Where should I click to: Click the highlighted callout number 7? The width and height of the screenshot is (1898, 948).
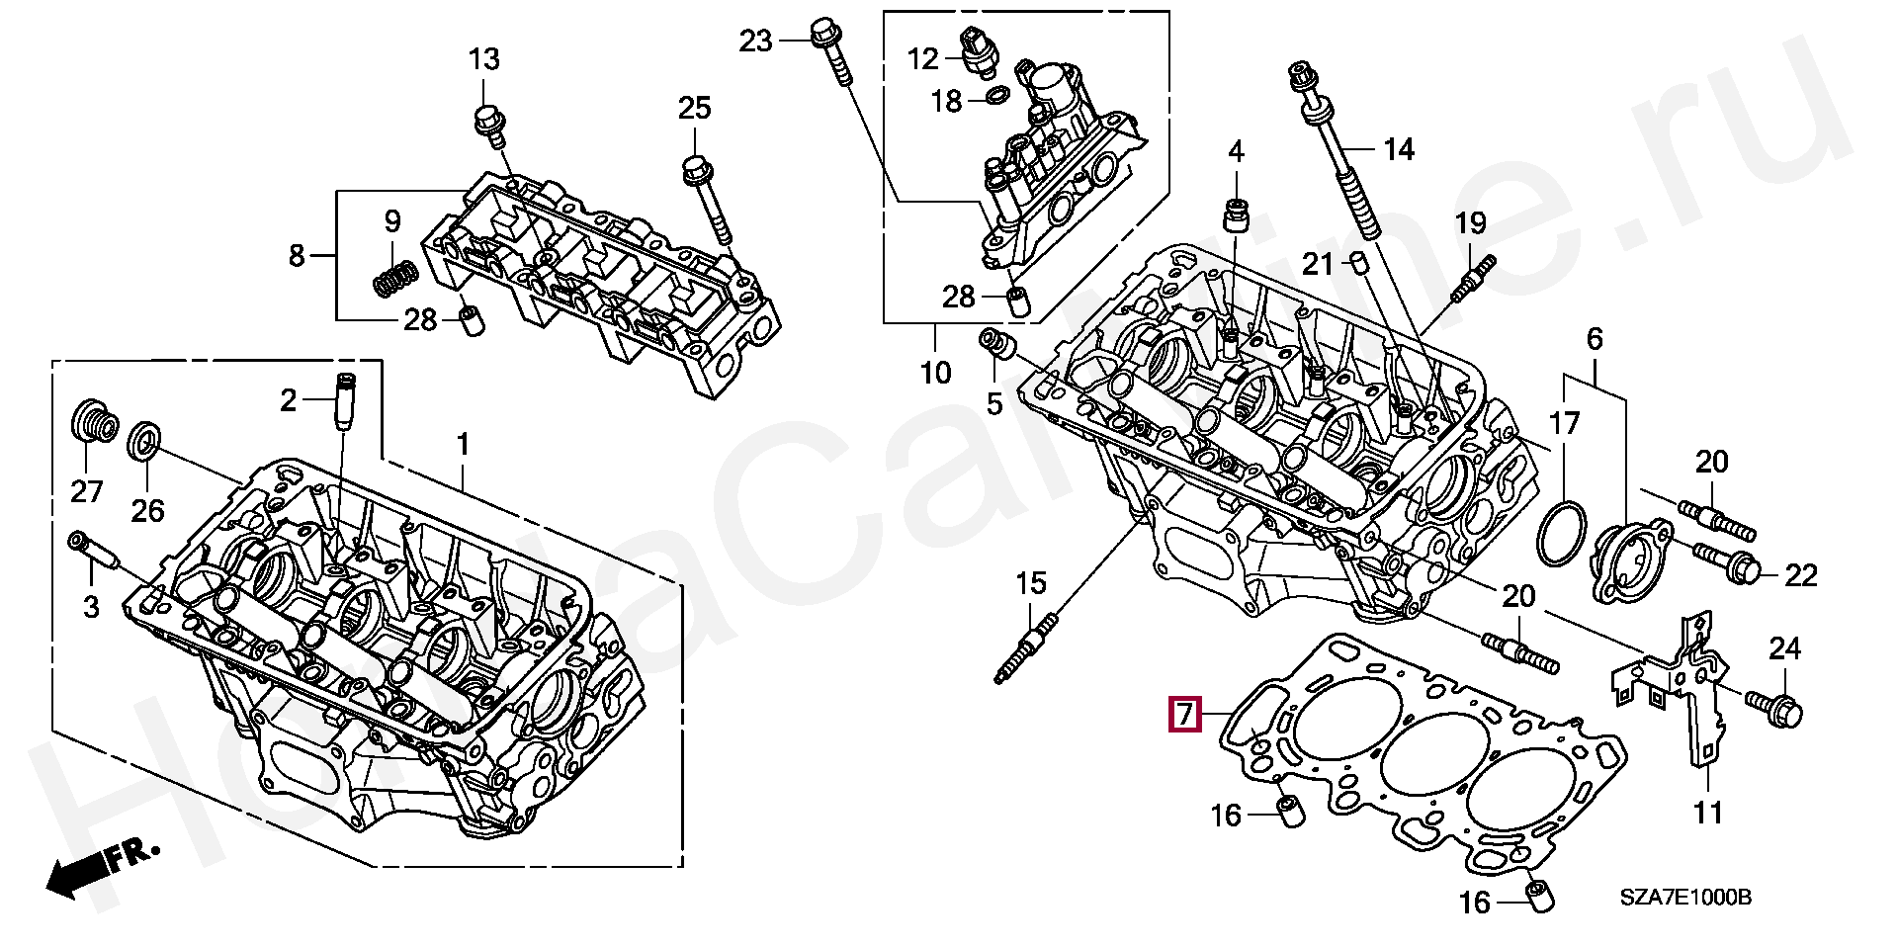1184,714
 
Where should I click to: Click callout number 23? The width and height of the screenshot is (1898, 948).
755,42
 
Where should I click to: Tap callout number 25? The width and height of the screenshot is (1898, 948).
694,108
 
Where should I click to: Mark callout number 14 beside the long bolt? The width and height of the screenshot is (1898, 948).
1399,150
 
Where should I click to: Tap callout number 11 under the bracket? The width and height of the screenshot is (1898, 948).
1707,814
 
